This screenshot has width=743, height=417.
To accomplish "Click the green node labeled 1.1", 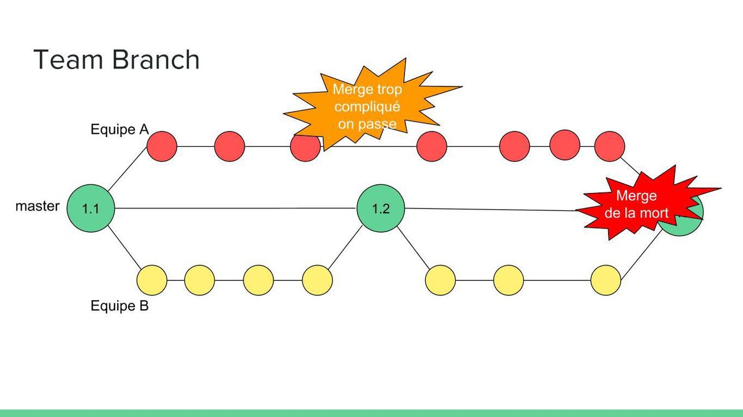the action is [x=91, y=208].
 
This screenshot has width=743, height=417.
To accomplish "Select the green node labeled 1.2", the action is [x=381, y=208].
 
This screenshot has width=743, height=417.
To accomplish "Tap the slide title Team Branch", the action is [x=117, y=60].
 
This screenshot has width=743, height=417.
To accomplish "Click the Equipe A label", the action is [x=119, y=129].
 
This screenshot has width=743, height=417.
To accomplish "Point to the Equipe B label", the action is [x=119, y=306].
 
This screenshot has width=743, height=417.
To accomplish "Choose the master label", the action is [x=37, y=206].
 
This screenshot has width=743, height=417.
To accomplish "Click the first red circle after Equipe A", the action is [x=162, y=146].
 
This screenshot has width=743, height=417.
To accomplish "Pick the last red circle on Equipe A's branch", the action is [x=610, y=146].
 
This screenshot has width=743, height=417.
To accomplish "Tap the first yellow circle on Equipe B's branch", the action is [x=152, y=280].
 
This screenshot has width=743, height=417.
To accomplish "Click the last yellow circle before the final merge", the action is [x=606, y=280].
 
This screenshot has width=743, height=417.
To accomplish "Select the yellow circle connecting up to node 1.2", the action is [x=317, y=280].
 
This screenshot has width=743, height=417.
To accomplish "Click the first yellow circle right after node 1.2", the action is [x=441, y=280].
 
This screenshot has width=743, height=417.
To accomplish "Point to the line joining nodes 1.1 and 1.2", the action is [x=235, y=208].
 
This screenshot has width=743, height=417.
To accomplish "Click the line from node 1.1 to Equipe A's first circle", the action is [x=127, y=169].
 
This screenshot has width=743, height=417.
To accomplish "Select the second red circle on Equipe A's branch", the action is [x=230, y=146].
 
